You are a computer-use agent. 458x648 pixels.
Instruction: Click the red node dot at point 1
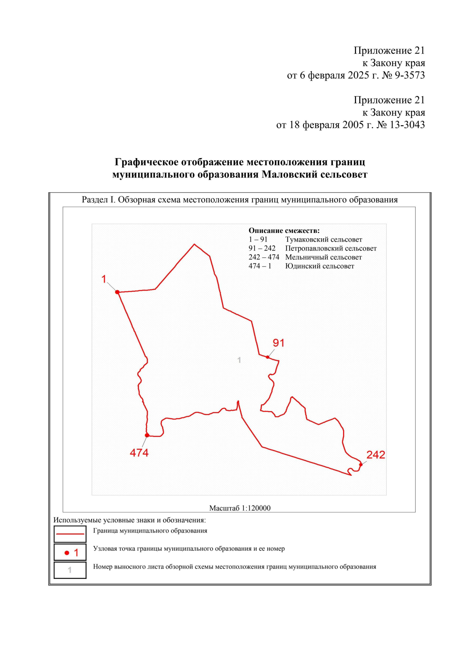point(118,292)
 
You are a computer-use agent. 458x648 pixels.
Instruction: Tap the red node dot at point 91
point(268,357)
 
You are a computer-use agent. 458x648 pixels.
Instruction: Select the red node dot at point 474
point(147,435)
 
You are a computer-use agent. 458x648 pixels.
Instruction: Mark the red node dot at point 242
point(361,465)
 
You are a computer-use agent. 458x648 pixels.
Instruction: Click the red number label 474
point(139,453)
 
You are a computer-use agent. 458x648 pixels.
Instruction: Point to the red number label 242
point(376,455)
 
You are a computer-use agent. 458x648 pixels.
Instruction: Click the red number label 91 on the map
point(278,343)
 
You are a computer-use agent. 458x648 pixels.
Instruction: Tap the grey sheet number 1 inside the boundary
point(239,360)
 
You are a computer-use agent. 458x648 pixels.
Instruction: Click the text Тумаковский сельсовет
point(324,240)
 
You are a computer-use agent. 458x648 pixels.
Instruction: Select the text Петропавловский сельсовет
point(331,249)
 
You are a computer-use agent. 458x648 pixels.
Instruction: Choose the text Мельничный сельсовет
point(323,257)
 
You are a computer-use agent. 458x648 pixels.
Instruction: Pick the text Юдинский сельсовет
point(319,266)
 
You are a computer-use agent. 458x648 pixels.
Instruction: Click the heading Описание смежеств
point(284,231)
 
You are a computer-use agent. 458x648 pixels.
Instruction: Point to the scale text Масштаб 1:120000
point(240,508)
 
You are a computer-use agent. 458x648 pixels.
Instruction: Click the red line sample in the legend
point(70,534)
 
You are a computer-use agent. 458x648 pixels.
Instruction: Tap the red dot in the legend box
point(67,553)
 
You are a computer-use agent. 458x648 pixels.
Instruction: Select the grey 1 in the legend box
point(69,570)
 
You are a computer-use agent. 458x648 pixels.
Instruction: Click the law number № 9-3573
point(403,75)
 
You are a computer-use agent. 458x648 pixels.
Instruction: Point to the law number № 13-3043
point(400,125)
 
